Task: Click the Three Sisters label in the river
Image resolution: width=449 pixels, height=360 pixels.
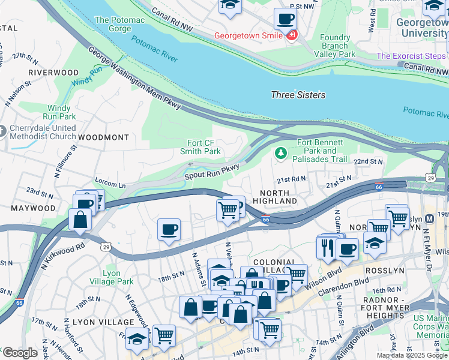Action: click(x=298, y=95)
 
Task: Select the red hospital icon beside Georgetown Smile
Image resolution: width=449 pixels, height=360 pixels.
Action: click(x=292, y=36)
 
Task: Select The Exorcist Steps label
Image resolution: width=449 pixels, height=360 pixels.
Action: click(x=411, y=56)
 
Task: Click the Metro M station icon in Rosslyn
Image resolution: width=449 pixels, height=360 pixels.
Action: click(x=429, y=220)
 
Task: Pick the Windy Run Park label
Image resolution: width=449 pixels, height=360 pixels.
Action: click(x=62, y=112)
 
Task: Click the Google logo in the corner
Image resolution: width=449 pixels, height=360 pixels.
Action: click(x=19, y=353)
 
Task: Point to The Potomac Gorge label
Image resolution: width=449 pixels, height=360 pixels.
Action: click(x=120, y=25)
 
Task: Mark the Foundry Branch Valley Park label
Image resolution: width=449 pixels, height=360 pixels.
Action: click(x=334, y=46)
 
